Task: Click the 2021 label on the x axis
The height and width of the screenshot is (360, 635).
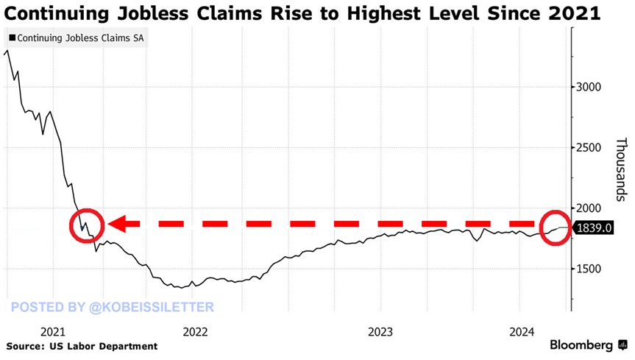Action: (55, 331)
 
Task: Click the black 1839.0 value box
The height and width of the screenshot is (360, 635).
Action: (595, 228)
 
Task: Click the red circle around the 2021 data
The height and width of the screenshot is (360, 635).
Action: (88, 224)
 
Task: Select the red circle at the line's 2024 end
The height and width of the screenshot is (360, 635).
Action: (554, 227)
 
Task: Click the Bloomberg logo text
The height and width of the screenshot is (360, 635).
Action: (583, 345)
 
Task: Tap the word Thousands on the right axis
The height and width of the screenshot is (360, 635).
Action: (621, 167)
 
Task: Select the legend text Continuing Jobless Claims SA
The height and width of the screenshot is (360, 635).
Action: (79, 38)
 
